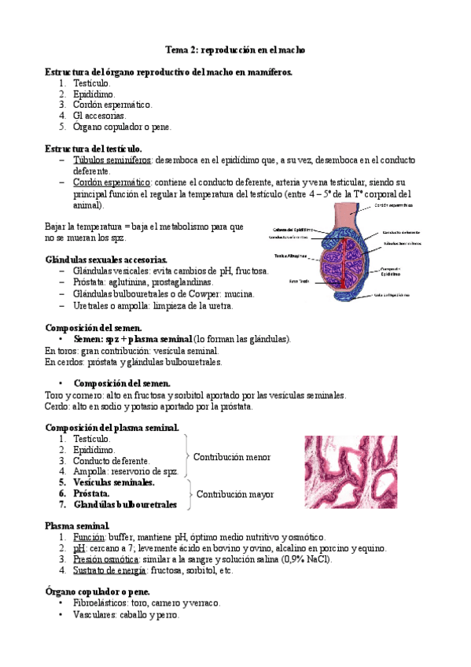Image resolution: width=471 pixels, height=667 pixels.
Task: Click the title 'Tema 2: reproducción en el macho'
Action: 235,50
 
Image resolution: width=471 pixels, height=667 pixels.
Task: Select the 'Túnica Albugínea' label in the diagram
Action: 291,256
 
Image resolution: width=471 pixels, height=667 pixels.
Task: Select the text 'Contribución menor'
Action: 232,457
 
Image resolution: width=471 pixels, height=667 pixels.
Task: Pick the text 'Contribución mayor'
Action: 235,495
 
